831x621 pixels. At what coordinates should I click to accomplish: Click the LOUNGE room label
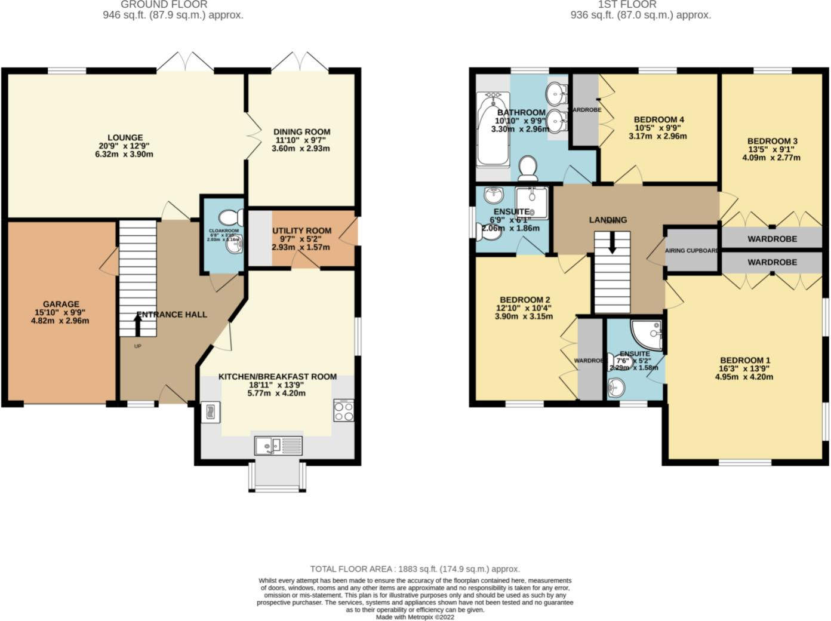125,137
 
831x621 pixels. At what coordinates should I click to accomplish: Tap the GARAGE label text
61,304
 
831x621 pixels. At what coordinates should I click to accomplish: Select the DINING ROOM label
301,132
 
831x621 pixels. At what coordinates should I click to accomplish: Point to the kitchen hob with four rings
343,410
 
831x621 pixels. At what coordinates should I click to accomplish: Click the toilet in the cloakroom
230,217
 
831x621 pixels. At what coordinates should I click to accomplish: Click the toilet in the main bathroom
528,168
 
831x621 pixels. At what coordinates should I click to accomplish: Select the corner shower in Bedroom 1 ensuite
648,334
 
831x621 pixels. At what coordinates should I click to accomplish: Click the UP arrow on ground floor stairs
137,325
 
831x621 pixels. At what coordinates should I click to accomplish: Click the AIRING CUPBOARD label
692,251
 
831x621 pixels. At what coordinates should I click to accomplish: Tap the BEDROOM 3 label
772,142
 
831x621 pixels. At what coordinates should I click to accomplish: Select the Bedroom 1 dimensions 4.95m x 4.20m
744,377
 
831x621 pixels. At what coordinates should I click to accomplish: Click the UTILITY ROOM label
301,230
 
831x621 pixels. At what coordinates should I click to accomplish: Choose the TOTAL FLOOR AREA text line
415,569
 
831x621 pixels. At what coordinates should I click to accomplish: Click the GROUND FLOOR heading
164,5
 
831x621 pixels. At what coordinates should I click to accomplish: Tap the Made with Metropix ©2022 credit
415,617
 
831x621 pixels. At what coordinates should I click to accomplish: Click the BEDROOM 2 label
525,300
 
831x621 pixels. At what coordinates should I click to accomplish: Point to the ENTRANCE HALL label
172,314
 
